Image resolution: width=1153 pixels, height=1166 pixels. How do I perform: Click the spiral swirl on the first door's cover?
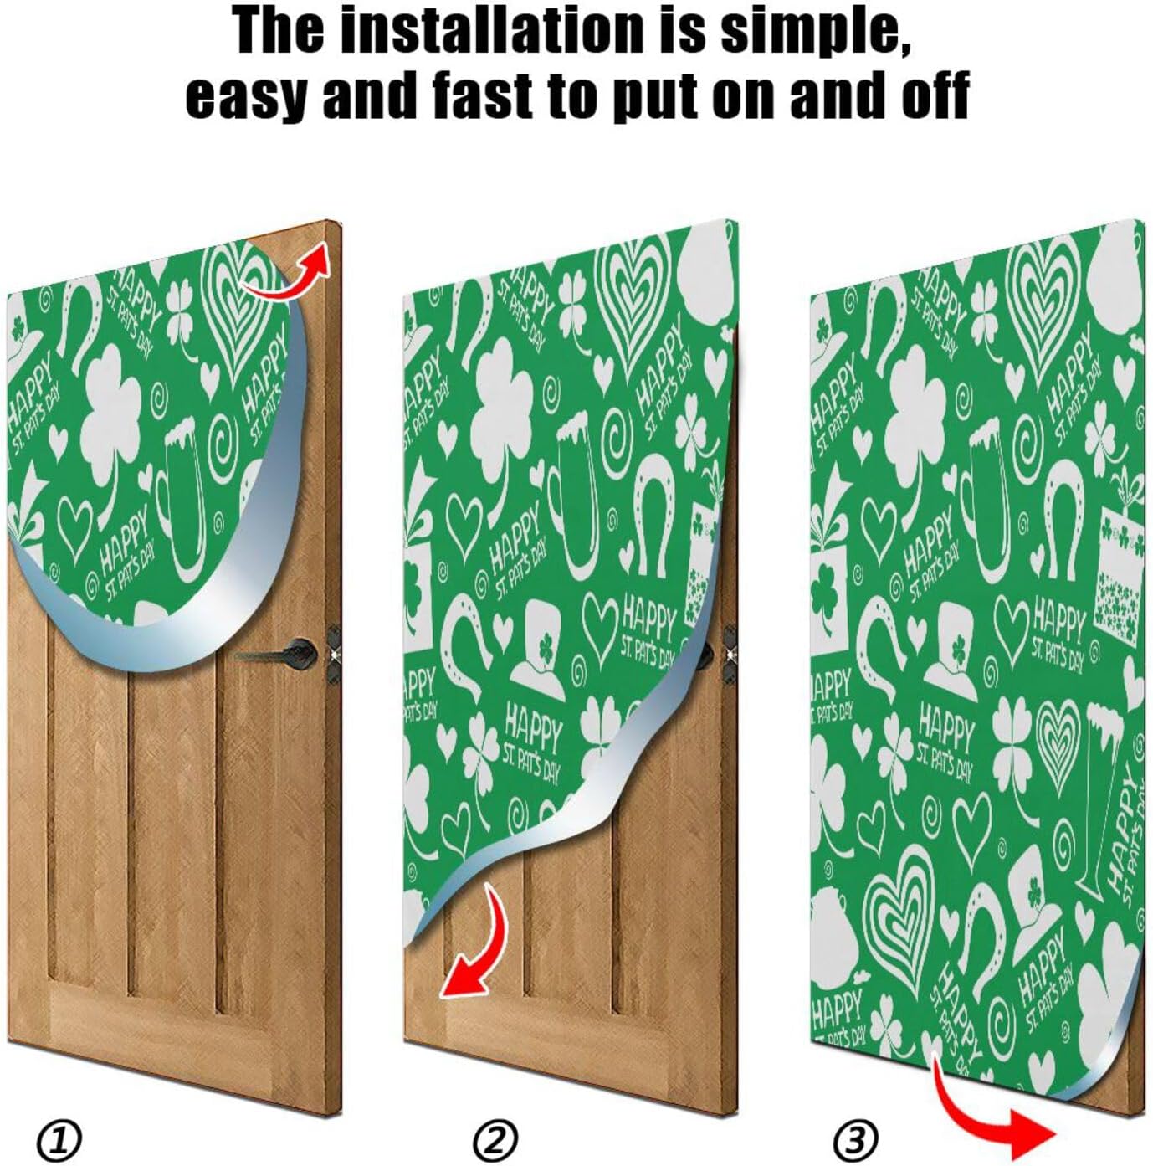click(225, 439)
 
